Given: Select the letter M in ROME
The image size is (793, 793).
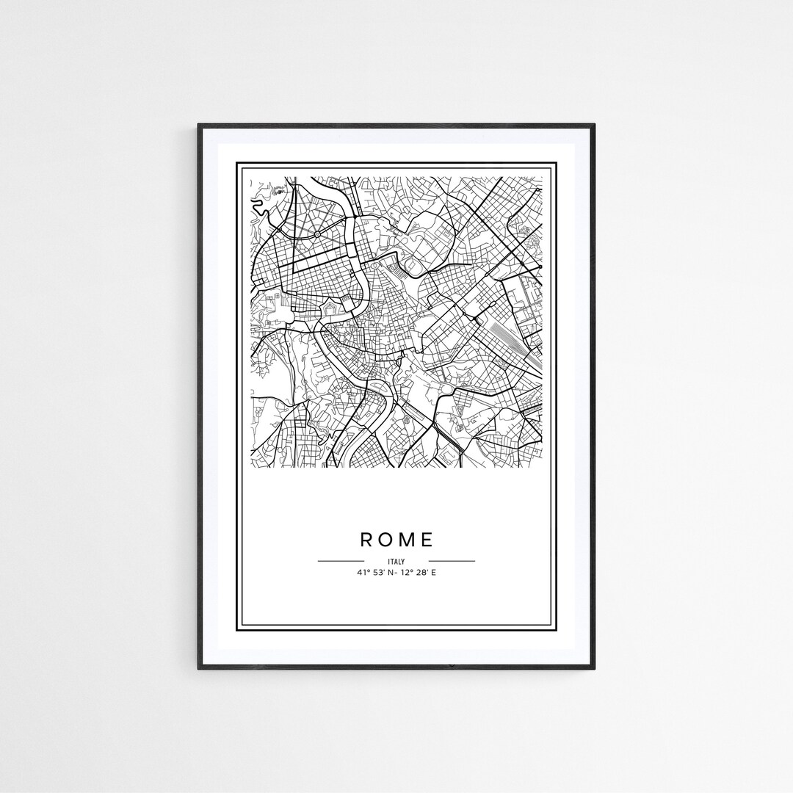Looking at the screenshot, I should point(407,540).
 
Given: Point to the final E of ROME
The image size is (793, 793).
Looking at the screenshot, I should point(427,540).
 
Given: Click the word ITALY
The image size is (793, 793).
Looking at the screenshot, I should point(396,562).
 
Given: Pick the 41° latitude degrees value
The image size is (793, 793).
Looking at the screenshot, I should point(363,572).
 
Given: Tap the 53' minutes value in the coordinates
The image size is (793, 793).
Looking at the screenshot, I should point(379,572).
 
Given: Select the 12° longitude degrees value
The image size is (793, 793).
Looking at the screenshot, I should point(406,572).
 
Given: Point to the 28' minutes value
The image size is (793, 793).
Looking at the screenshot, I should point(421,572).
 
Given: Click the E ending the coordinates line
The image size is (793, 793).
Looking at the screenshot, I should point(433,572).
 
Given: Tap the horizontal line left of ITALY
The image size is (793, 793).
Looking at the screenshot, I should point(341,561).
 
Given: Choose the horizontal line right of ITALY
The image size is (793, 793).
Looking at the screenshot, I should point(452,561).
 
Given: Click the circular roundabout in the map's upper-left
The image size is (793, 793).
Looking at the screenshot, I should point(316,233).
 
